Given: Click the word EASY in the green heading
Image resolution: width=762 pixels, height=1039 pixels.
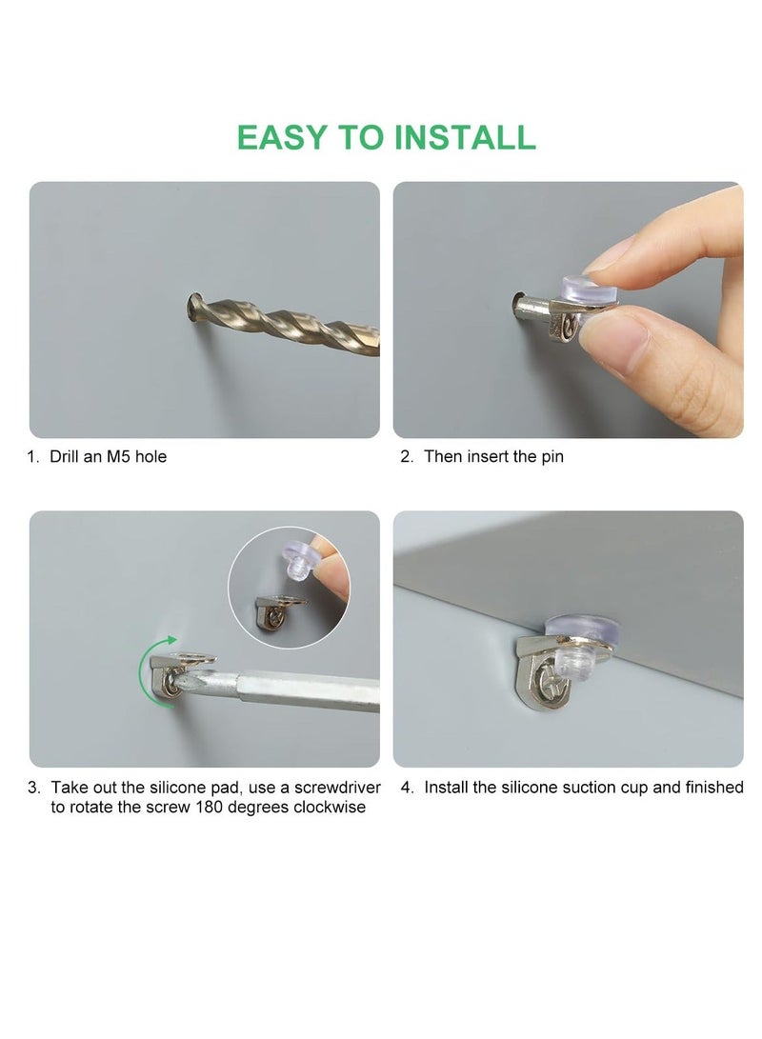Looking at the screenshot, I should pos(283,137).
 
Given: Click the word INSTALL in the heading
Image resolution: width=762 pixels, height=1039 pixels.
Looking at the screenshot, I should pos(465,137).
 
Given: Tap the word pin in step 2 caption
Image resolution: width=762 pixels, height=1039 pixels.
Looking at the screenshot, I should pos(550,457).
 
